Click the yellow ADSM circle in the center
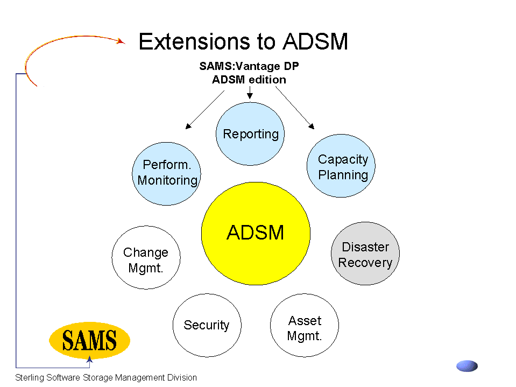[x=256, y=233]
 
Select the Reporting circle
[x=250, y=133]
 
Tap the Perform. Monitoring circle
[x=166, y=174]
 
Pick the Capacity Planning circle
[x=341, y=166]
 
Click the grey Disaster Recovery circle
[x=365, y=254]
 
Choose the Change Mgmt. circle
[x=146, y=257]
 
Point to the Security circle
[x=207, y=325]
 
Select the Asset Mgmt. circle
[x=305, y=325]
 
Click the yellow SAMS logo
[x=89, y=340]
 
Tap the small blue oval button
[x=467, y=366]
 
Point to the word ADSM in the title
[x=315, y=42]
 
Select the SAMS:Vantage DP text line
[x=249, y=66]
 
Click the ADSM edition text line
[x=249, y=80]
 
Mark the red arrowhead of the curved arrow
[x=121, y=41]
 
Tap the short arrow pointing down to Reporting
[x=250, y=92]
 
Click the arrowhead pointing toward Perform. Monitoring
[x=188, y=126]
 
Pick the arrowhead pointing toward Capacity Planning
[x=312, y=126]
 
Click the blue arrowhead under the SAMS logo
[x=89, y=360]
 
